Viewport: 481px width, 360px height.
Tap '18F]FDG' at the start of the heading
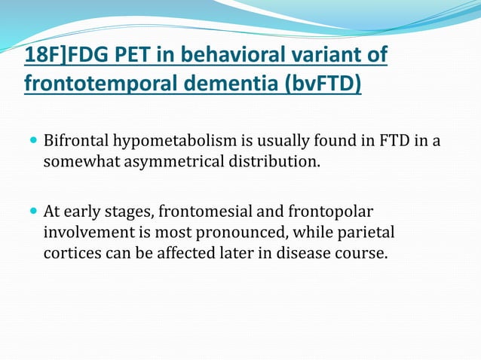(60, 56)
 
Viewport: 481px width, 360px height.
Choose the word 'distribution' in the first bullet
(276, 161)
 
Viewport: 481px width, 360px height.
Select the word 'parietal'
(366, 233)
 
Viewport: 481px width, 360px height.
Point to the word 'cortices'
(71, 252)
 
